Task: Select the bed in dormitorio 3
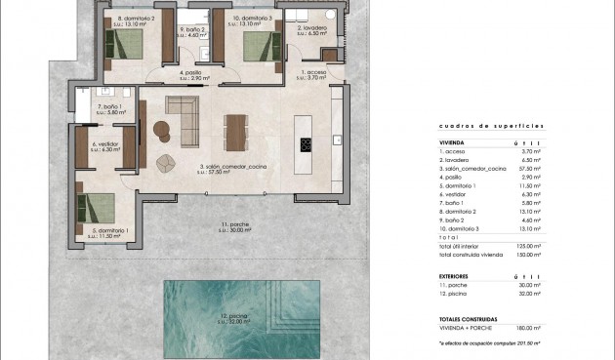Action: pos(260,43)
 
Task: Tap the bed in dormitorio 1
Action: pos(98,210)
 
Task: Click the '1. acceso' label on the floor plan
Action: pos(315,73)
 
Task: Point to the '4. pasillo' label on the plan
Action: pos(192,73)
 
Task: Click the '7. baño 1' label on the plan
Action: pos(108,108)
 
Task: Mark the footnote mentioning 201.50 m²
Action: pos(489,343)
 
